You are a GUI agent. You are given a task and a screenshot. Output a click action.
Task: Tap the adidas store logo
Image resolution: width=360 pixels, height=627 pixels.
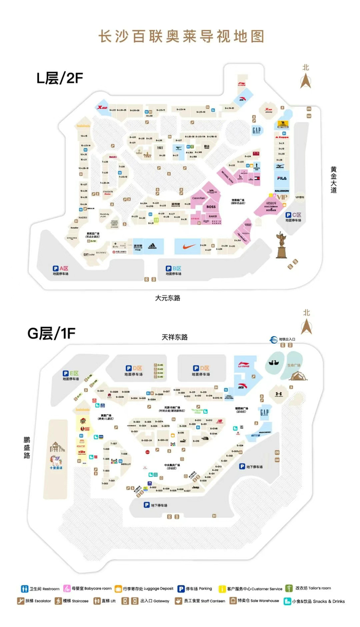pos(153,246)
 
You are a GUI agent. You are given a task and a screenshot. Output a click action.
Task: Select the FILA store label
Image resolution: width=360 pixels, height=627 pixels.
pos(281,178)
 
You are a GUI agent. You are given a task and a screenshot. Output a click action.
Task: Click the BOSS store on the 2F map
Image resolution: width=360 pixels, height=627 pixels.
pos(211,207)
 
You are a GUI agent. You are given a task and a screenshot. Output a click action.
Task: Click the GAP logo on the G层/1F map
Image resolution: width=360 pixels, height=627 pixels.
pos(264,413)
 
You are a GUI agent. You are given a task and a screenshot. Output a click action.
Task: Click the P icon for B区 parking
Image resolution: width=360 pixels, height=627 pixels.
pos(168,268)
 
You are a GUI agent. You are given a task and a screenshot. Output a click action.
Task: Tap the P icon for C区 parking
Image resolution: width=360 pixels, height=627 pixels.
pos(289,215)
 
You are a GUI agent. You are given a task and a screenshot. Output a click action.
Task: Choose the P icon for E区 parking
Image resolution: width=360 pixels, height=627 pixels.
pos(65,374)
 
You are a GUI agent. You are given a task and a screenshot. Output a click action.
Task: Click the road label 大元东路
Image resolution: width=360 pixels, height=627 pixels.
pos(168,298)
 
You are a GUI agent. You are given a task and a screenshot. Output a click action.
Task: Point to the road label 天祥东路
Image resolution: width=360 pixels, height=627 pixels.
pos(174,337)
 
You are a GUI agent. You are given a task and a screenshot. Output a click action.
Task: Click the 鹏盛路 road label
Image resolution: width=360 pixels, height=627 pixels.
pos(26,448)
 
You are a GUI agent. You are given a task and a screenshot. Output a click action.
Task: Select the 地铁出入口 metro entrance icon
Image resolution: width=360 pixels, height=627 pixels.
pos(274,339)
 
